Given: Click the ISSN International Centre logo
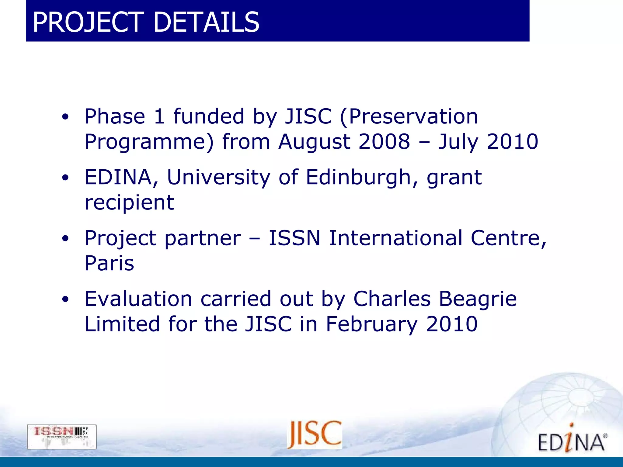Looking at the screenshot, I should click(61, 437).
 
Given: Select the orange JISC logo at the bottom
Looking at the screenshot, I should click(315, 434).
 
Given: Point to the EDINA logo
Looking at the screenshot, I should click(572, 440).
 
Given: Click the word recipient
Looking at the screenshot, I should click(129, 203).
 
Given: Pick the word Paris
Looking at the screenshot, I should click(109, 263).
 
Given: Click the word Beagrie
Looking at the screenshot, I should click(478, 299).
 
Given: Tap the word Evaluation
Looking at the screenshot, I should click(138, 299).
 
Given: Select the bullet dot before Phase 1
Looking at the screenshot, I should click(65, 117).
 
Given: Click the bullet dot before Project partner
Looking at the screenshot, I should click(65, 239).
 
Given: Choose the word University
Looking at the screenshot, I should click(218, 177).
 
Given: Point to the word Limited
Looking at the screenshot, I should click(122, 324).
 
